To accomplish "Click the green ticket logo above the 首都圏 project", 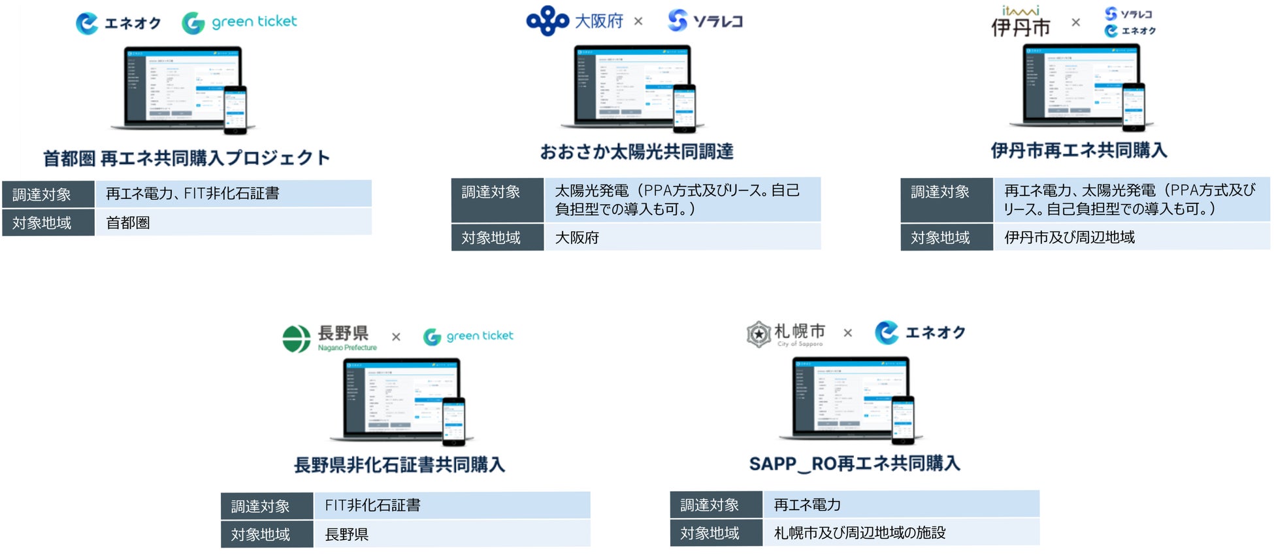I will tap(239, 22).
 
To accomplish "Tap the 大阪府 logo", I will tap(575, 21).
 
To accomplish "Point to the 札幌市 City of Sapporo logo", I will tap(786, 334).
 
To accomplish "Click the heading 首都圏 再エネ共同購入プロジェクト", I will tap(186, 158).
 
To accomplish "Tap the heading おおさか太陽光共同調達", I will tap(636, 152).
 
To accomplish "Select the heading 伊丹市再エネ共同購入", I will tap(1079, 150).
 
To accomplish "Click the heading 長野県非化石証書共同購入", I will tap(399, 465).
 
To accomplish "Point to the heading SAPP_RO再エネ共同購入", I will tap(855, 464).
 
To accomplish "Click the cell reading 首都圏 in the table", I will tap(128, 223).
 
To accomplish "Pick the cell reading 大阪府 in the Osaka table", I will tap(577, 237).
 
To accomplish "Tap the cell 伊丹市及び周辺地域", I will tap(1069, 237).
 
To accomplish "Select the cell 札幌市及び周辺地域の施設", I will tap(860, 533).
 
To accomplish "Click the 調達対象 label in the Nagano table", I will tap(260, 506).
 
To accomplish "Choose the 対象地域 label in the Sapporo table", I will tap(710, 533).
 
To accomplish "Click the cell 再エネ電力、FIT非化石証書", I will tap(193, 194).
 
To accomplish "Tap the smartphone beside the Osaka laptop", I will tap(684, 108).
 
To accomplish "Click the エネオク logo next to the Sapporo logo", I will tap(920, 333).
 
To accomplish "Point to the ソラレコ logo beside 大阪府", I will tap(706, 21).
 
